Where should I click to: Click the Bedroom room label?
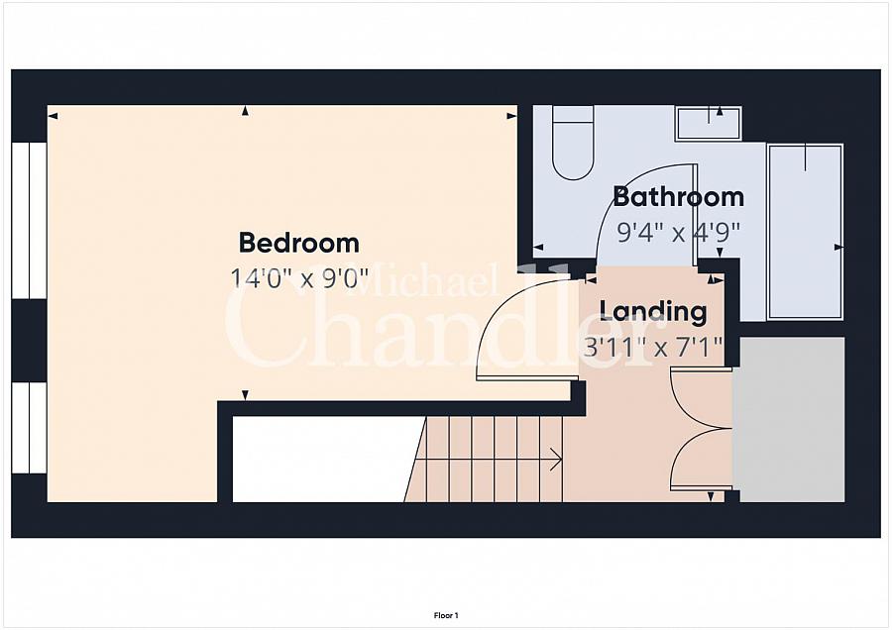[298, 243]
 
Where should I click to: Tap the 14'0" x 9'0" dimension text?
[298, 278]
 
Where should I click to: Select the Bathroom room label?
[679, 197]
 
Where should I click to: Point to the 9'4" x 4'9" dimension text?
[679, 232]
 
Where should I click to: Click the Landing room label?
[654, 312]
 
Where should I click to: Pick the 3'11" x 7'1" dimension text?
[654, 347]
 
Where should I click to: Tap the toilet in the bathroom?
[574, 143]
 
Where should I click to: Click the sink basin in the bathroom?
[709, 123]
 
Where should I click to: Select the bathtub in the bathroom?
[805, 232]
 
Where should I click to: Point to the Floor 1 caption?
[446, 615]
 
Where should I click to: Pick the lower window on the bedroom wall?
[29, 428]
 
